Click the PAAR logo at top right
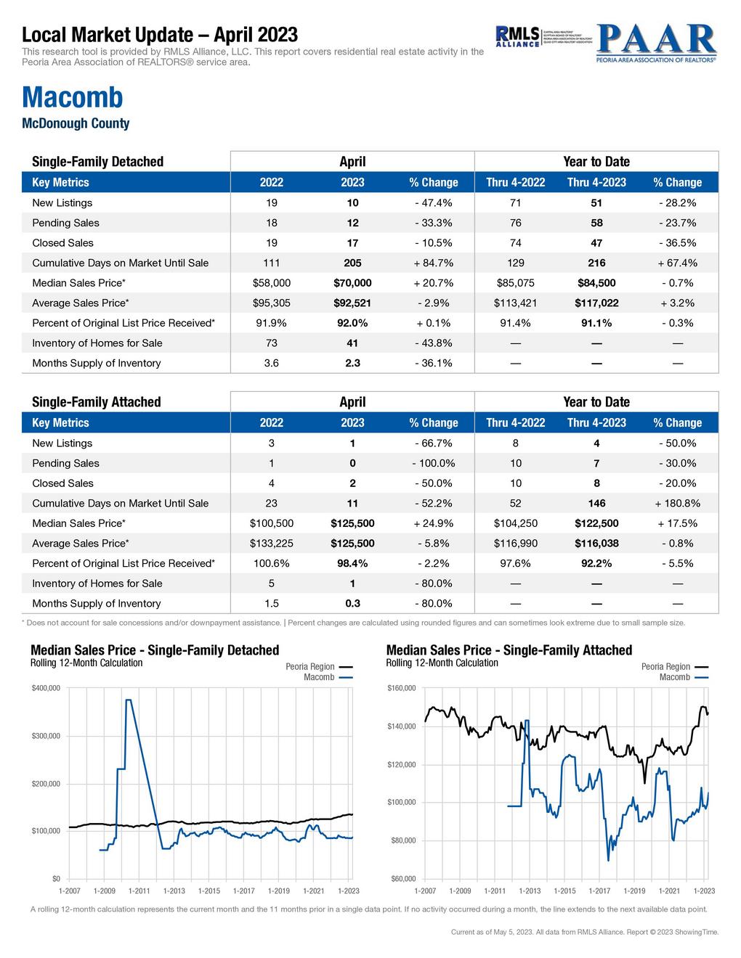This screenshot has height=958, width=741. point(656,44)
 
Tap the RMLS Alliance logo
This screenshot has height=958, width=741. point(517,36)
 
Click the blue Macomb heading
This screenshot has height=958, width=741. point(73,97)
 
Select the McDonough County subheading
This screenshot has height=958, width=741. point(76,123)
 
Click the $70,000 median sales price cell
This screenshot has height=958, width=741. point(352,283)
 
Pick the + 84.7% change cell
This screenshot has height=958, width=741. point(434,263)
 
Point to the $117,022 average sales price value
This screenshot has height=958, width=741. point(596,303)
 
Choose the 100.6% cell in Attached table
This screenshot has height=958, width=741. point(271,563)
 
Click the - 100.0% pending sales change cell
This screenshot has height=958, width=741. point(434,463)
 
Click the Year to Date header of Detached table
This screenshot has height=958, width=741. point(596,162)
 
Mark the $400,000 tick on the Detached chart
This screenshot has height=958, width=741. point(45,688)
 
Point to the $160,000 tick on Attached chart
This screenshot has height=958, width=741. point(401,688)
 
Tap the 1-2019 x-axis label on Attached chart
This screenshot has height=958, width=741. point(634,891)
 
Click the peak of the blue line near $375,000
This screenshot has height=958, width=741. point(129,700)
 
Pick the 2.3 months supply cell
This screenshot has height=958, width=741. point(352,363)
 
